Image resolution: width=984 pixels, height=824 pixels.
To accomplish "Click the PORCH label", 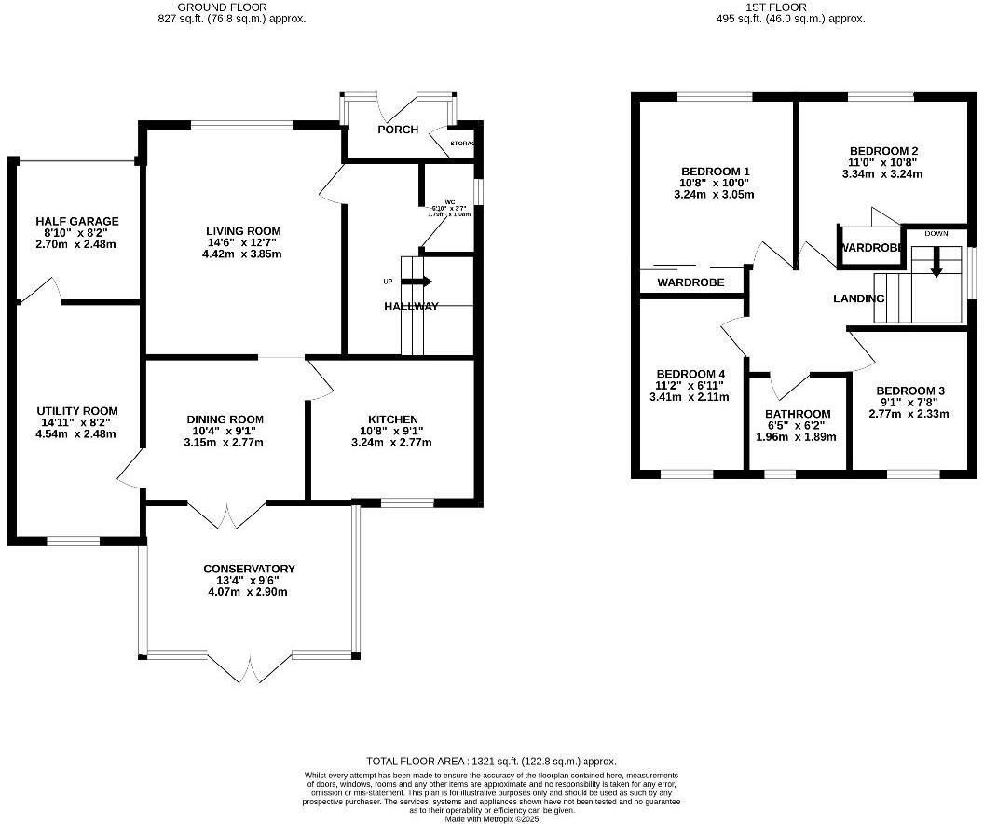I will (398, 130).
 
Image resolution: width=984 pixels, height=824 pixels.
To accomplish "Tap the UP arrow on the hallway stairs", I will (416, 281).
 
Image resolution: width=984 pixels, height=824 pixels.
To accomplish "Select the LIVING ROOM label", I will (243, 231).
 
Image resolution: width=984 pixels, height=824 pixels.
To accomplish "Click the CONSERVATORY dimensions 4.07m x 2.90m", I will (249, 592).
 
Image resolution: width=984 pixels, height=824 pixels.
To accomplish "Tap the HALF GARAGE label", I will (77, 222).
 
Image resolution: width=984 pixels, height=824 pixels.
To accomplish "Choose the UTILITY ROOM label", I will (77, 411).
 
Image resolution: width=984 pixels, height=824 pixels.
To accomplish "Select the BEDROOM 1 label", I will (716, 172).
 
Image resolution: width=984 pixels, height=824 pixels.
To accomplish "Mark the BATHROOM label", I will (798, 414).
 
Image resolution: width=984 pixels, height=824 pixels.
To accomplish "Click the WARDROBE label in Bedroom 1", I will (690, 282).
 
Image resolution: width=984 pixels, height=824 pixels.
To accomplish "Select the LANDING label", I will (858, 298).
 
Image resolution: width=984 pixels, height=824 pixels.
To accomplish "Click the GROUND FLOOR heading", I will (230, 7).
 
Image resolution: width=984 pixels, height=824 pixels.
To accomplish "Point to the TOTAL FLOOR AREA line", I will (491, 762).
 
